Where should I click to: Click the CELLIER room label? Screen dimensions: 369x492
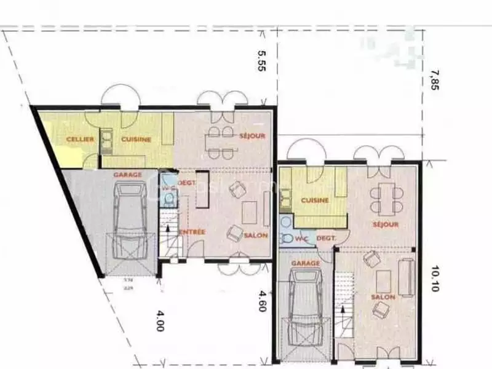point(80,140)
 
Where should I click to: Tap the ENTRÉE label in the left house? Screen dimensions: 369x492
point(192,232)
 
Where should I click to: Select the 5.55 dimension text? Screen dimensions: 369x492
point(262,61)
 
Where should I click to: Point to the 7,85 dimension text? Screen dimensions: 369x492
point(435,80)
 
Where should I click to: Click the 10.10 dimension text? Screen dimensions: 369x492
point(435,278)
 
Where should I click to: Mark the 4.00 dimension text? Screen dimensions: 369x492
point(159,320)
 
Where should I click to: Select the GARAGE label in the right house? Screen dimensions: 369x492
point(306,263)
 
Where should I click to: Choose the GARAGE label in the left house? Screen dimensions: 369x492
point(127,175)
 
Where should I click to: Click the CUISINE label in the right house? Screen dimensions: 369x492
point(315,200)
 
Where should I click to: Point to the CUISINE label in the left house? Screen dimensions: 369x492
point(136,140)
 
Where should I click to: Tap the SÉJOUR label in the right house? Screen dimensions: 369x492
point(386,225)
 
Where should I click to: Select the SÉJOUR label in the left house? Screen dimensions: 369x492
point(252,135)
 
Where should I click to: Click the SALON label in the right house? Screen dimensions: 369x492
point(383,297)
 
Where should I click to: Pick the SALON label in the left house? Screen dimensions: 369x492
point(255,236)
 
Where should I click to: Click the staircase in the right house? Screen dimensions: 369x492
point(346,307)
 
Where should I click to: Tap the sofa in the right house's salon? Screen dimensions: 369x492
point(407,277)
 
